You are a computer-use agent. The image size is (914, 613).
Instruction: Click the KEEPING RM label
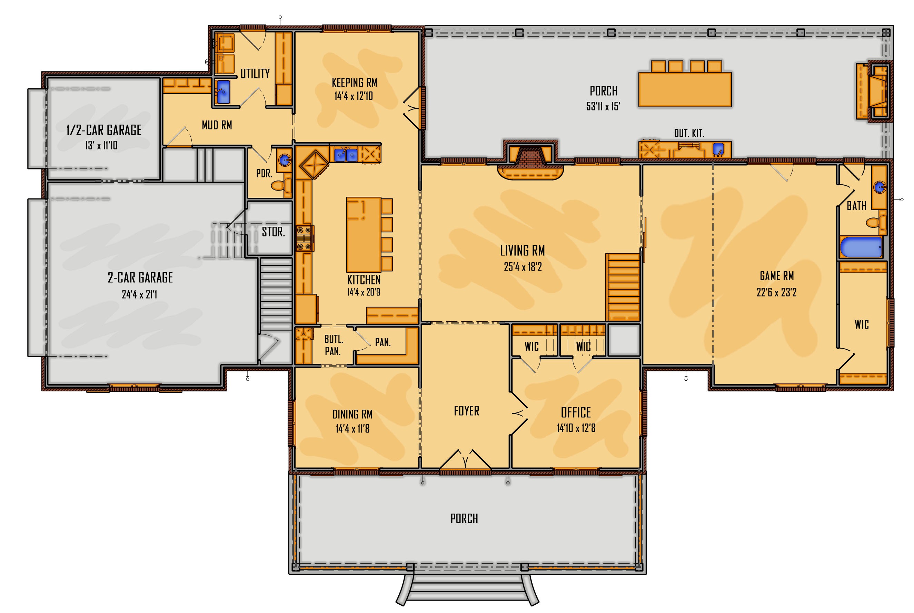(354, 83)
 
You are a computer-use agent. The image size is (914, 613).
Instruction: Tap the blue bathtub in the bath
(861, 247)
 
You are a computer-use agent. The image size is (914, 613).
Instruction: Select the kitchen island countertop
(363, 235)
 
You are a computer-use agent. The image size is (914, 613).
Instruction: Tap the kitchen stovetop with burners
(304, 238)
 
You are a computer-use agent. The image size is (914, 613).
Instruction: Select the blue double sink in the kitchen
(346, 155)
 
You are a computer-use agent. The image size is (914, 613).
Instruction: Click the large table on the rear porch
(685, 89)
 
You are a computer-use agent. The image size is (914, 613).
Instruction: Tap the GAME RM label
(776, 276)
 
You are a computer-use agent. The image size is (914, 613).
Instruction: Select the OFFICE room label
(576, 412)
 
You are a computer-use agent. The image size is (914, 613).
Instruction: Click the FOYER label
(466, 411)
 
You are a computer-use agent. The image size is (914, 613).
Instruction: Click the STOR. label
(273, 232)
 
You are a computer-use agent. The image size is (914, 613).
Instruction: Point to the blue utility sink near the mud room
(223, 92)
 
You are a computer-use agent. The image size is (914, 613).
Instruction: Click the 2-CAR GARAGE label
(140, 278)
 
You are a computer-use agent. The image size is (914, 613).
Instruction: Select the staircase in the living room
(623, 287)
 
